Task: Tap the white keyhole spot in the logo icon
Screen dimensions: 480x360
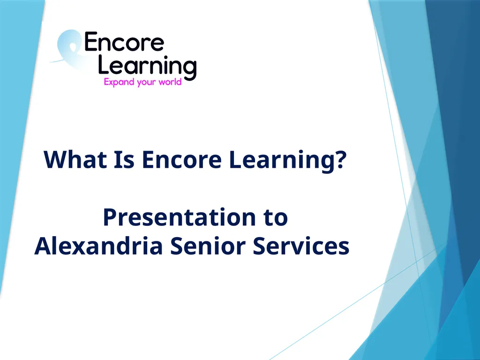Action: pos(73,47)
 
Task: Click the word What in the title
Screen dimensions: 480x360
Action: pos(75,159)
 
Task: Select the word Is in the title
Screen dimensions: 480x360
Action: pos(124,159)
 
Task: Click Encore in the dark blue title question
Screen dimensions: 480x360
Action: pos(181,159)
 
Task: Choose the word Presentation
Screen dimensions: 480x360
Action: pos(179,217)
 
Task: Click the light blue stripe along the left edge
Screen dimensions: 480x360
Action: pos(18,138)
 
